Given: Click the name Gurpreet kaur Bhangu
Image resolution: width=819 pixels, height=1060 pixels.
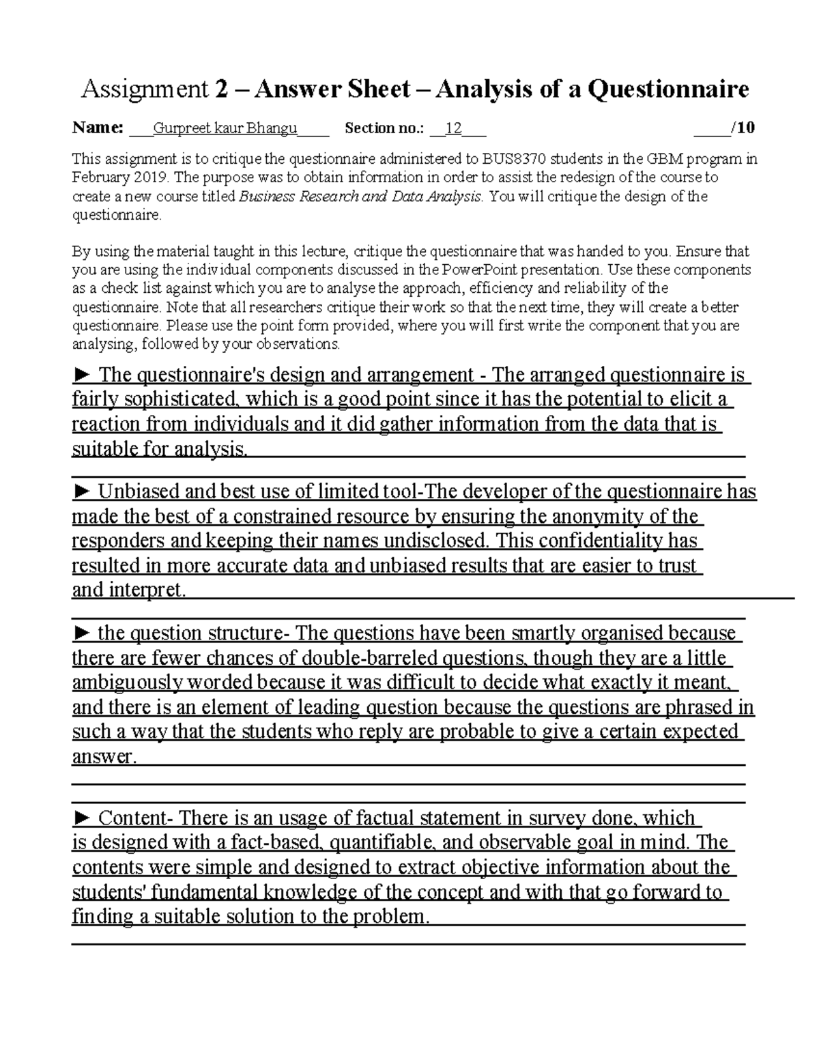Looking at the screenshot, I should point(225,128).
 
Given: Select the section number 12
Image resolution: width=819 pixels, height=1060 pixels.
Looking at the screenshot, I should point(453,128).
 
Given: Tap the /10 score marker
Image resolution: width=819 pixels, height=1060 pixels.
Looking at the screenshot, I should point(742,128).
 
